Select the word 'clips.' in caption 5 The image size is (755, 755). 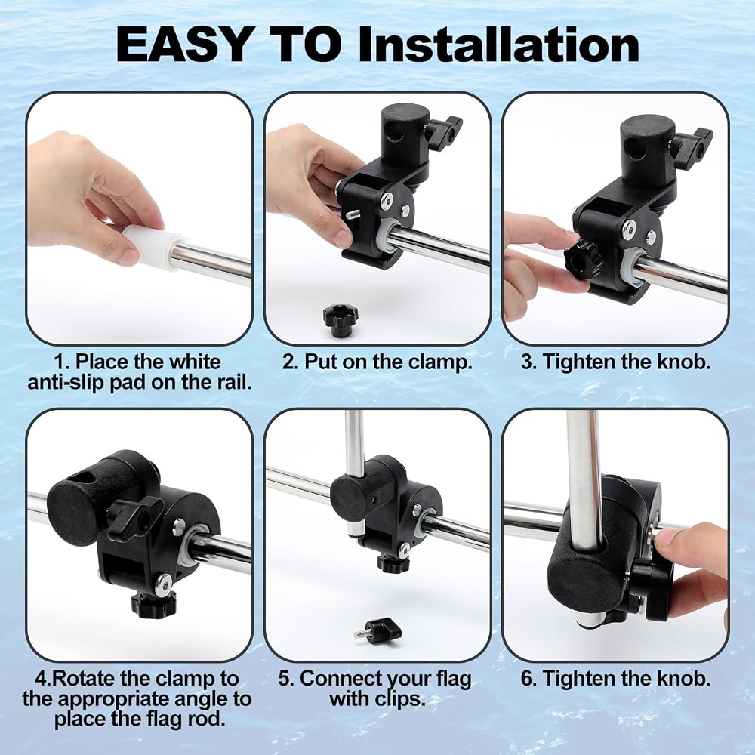point(401,698)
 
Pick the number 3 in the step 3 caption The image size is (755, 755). point(526,362)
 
